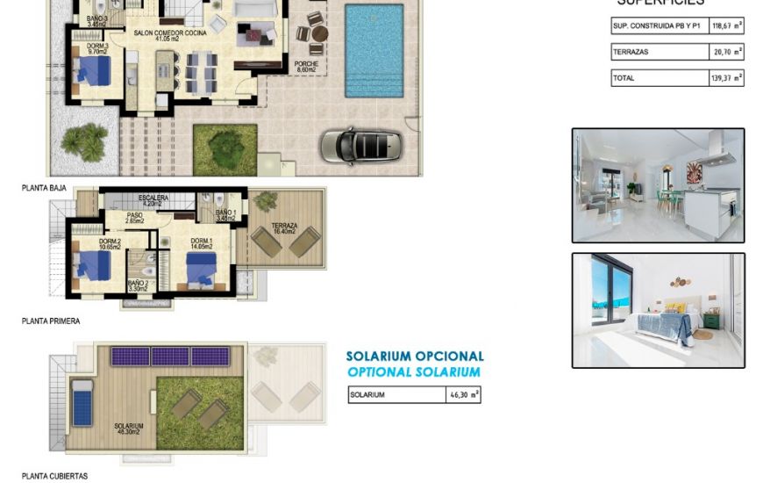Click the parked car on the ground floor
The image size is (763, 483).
tap(360, 144)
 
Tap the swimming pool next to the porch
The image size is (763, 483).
tap(374, 51)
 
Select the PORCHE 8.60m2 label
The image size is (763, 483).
tap(306, 66)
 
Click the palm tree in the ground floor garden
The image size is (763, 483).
tap(86, 139)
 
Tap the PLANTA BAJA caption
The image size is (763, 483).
tap(44, 188)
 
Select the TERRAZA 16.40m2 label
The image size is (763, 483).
tap(284, 229)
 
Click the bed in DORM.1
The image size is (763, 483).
tap(203, 270)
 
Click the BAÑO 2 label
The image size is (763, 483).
tap(138, 285)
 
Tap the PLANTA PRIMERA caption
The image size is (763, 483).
tap(51, 321)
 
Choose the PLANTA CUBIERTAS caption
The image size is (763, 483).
tap(54, 476)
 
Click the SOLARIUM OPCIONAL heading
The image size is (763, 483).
tap(415, 357)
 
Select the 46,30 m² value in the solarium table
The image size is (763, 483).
tap(463, 395)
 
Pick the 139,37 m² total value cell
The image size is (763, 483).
tap(726, 78)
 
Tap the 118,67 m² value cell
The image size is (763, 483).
tap(726, 26)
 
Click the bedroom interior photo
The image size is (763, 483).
tap(658, 310)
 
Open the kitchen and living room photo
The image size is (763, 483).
tap(658, 185)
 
